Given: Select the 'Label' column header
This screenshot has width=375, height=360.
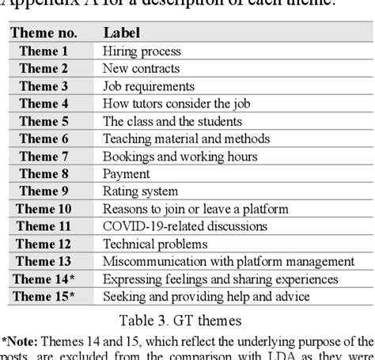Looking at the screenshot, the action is point(120,34).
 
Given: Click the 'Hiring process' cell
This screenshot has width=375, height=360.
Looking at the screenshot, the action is point(142,51).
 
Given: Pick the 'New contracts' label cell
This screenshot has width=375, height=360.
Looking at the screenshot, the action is point(142,69).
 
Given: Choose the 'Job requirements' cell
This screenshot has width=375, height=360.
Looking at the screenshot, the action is point(149,86).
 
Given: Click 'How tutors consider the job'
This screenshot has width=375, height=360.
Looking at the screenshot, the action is point(180,104).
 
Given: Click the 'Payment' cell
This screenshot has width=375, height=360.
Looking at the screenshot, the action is point(127,173).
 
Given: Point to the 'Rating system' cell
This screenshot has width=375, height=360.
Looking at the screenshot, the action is point(140,191).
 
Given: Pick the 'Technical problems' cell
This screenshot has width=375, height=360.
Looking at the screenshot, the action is point(154,243).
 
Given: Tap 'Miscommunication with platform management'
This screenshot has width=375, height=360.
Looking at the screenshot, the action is point(227,260).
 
